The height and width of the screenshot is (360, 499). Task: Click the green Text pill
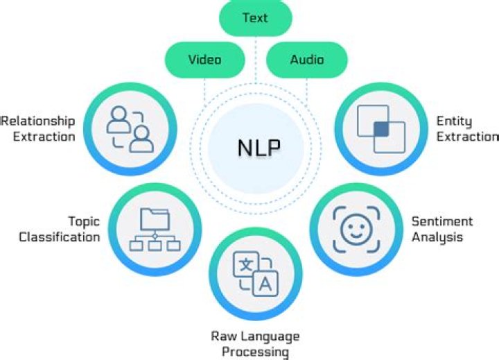click(x=255, y=17)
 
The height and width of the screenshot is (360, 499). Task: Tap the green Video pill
click(x=204, y=59)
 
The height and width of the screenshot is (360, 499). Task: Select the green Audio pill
click(x=307, y=59)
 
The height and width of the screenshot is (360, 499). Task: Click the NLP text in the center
click(x=256, y=148)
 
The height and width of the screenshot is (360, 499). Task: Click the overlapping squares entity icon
click(x=380, y=129)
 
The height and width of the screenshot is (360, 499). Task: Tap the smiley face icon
click(x=356, y=227)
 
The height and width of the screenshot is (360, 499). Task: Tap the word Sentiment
click(x=442, y=222)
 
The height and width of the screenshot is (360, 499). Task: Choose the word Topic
click(x=83, y=222)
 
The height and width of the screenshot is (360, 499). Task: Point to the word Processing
click(x=255, y=352)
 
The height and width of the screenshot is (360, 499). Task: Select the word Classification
click(x=59, y=237)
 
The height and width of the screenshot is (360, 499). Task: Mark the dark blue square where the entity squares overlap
click(x=380, y=130)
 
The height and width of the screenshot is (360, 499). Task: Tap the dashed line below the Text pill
click(x=255, y=69)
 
